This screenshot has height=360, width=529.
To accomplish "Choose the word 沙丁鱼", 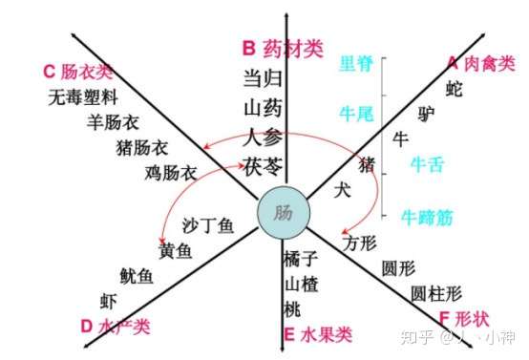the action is click(x=208, y=226).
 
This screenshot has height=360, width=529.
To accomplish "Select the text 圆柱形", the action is click(x=435, y=292).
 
